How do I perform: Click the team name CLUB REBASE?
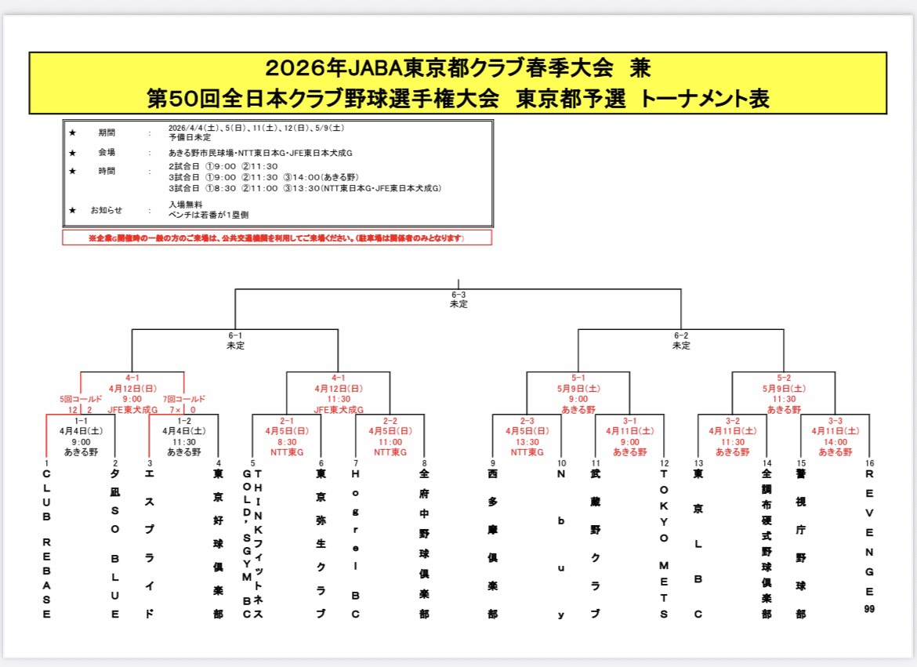[x=46, y=544]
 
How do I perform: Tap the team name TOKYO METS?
[x=664, y=544]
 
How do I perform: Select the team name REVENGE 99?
[x=869, y=540]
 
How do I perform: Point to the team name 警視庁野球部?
[x=801, y=544]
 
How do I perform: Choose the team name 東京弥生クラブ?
[x=321, y=544]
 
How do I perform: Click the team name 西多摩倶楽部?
[x=492, y=544]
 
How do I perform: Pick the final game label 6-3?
[x=458, y=295]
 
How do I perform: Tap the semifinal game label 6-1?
[x=235, y=335]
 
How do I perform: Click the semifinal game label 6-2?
[x=681, y=335]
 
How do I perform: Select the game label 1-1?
[x=82, y=421]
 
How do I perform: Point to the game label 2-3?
[x=527, y=421]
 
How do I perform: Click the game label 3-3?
[x=835, y=421]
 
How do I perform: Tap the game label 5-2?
[x=784, y=378]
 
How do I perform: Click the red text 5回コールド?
[x=63, y=399]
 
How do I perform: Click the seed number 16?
[x=869, y=463]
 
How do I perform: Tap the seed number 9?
[x=493, y=463]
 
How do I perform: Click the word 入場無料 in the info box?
[x=183, y=203]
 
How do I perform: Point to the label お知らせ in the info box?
[x=107, y=210]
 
